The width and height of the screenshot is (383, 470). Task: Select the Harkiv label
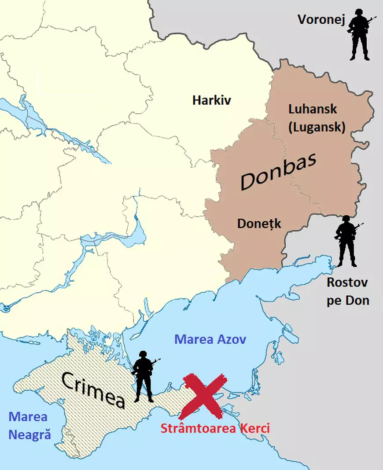[x=212, y=100]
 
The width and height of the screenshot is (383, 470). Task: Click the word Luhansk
[x=313, y=109]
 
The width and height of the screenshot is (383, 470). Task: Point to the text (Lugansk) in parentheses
[x=317, y=127]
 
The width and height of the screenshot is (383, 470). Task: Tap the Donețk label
[x=259, y=224]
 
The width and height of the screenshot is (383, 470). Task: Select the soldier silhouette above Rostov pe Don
[x=346, y=242]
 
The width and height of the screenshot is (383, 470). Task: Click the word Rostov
[x=347, y=282]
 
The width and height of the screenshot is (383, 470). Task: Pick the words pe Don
[x=347, y=301]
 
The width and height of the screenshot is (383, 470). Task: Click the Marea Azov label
[x=210, y=339]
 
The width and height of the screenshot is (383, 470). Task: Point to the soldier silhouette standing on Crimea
[x=143, y=378]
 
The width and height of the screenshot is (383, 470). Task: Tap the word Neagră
[x=29, y=435]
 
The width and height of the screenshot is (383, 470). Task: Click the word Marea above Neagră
[x=28, y=417]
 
